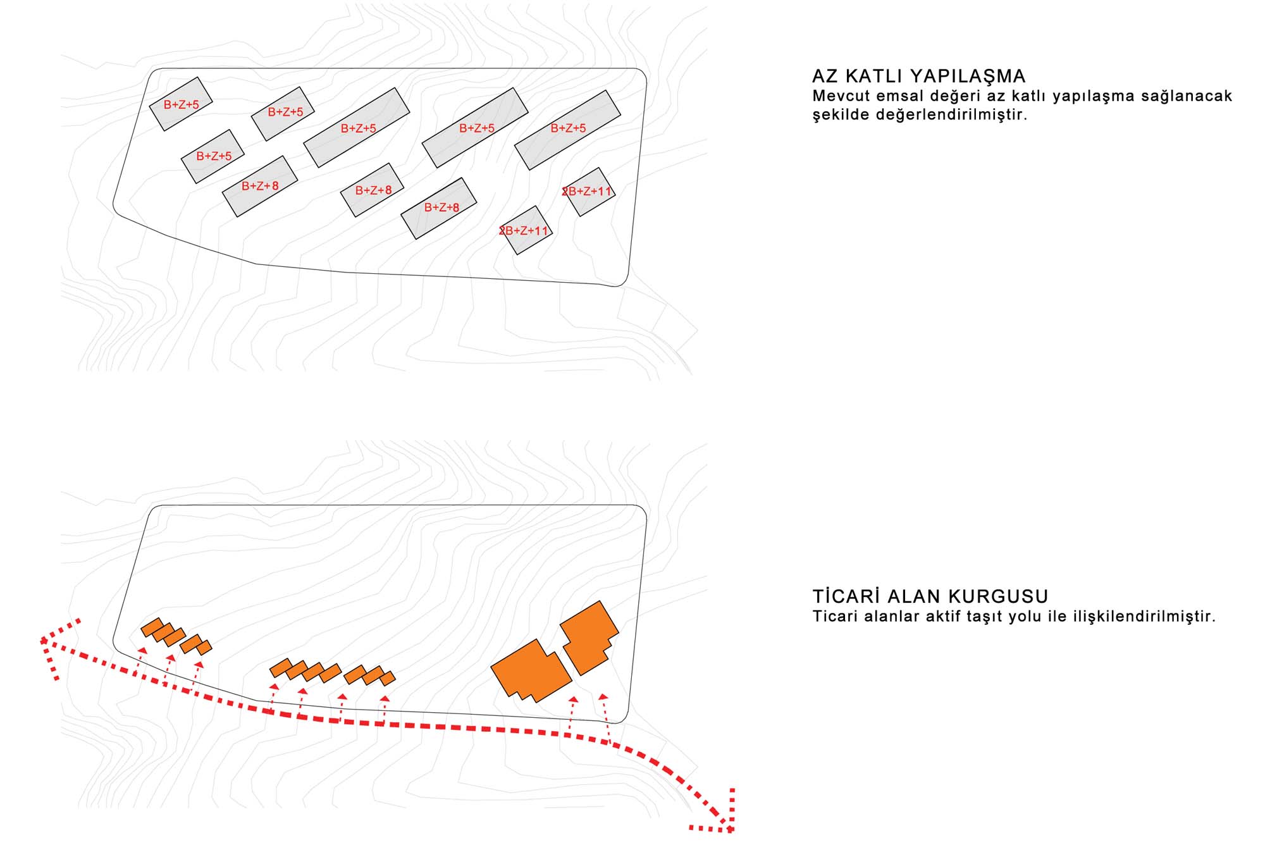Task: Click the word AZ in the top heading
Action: (825, 77)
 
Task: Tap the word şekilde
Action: (840, 115)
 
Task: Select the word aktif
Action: (944, 616)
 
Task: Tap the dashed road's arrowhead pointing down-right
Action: (728, 826)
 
